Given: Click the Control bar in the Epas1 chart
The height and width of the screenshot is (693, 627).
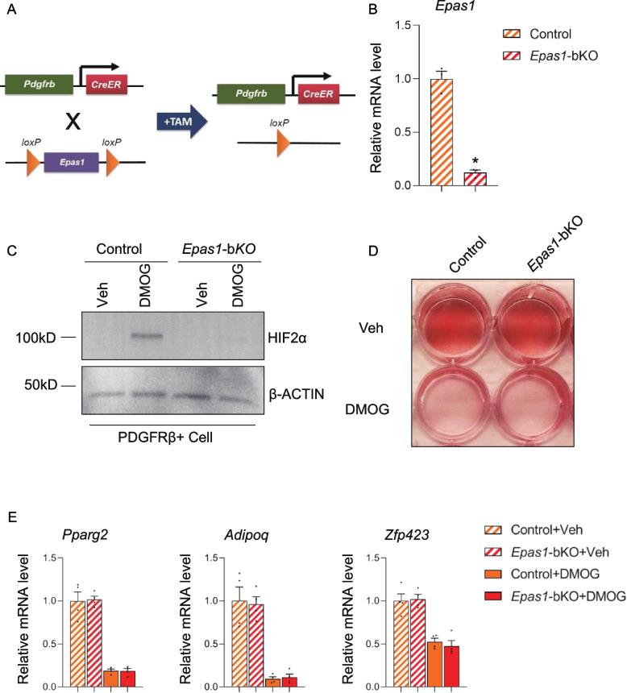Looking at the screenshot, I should coord(441,132).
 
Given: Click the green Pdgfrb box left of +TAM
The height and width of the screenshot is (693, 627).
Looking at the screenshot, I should coord(39,83).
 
